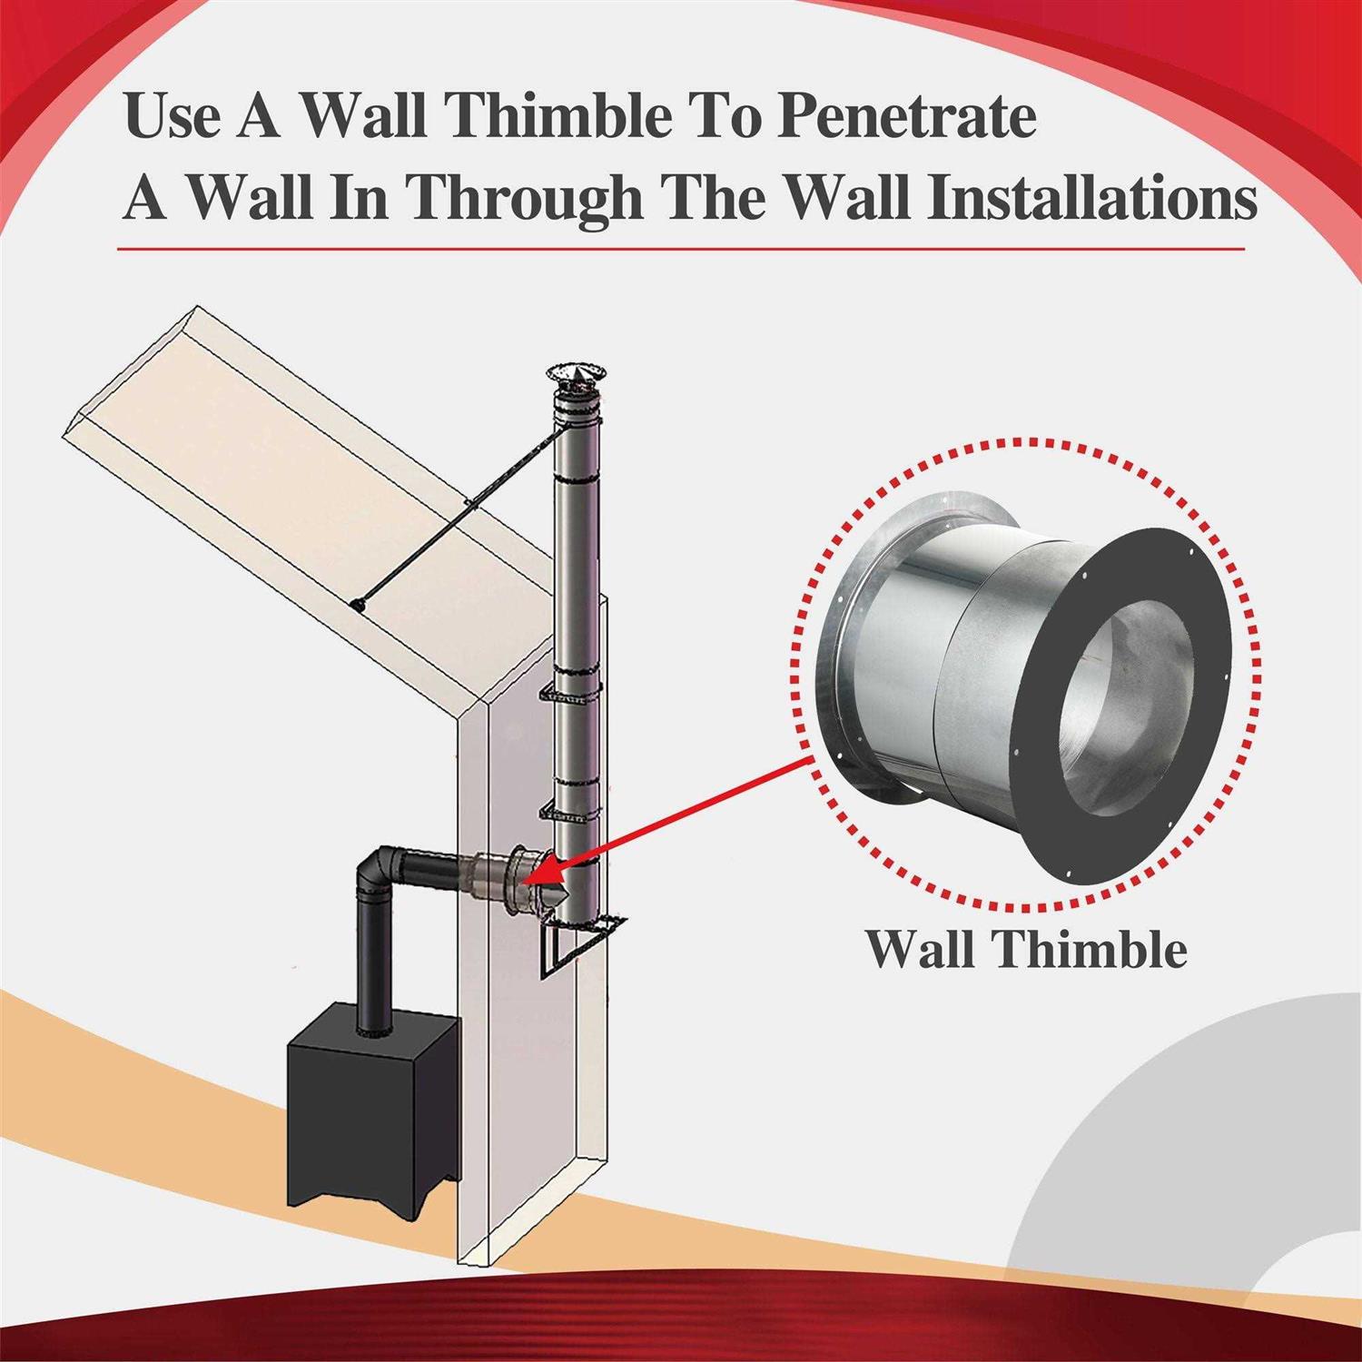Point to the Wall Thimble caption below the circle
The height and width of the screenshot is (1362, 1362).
[1025, 949]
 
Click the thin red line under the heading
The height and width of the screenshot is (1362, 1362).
[681, 249]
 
